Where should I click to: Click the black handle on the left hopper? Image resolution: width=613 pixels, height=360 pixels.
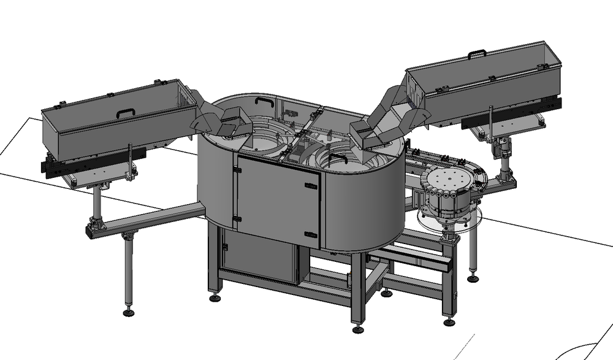[x=126, y=112]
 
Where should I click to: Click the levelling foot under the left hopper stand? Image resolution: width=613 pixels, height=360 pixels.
[x=129, y=313]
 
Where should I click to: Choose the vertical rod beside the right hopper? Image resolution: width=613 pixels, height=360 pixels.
[x=490, y=123]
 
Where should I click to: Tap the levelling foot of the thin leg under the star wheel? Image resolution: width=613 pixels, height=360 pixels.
[x=473, y=278]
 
